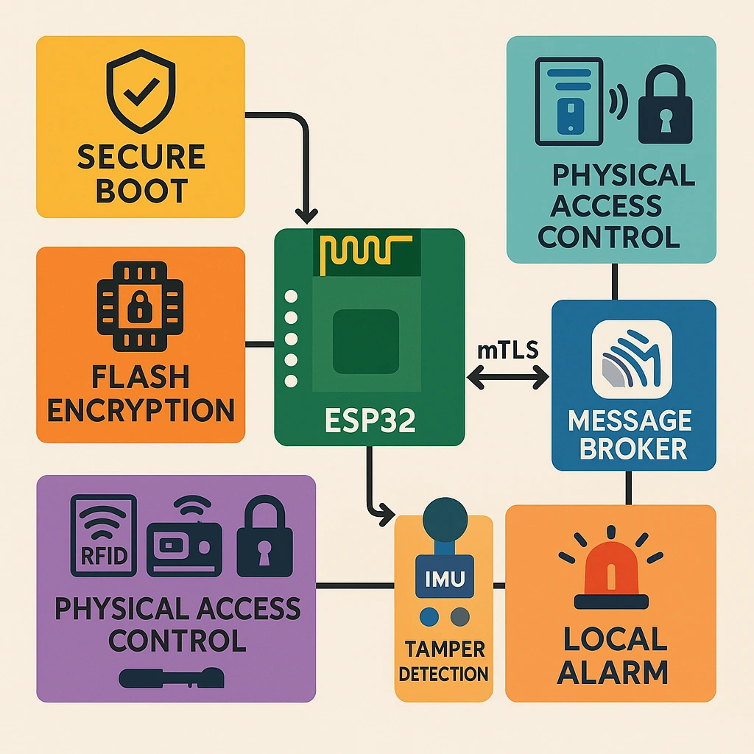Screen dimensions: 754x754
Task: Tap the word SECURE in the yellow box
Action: coord(141,158)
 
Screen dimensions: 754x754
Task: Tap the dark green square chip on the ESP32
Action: coord(366,341)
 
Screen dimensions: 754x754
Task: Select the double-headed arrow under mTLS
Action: coord(508,378)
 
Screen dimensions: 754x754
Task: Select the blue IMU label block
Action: coord(444,578)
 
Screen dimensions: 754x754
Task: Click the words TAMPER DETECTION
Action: coord(444,661)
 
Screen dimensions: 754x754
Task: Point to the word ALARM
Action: coord(611,672)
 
